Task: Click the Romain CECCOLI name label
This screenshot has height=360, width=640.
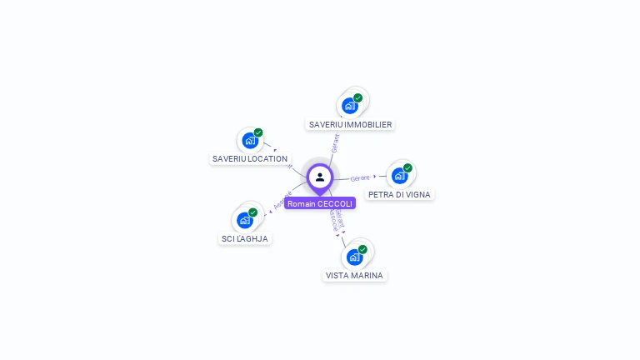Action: click(x=320, y=203)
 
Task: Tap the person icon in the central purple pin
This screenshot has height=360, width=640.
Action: click(x=320, y=177)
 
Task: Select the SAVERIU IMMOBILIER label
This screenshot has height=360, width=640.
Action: click(x=350, y=124)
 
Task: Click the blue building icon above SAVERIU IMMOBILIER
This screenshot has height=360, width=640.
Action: click(x=349, y=106)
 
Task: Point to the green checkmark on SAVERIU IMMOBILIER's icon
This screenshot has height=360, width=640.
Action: click(x=358, y=97)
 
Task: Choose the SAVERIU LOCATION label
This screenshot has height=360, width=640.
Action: click(x=250, y=158)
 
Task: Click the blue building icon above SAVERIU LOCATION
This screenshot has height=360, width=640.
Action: click(x=249, y=141)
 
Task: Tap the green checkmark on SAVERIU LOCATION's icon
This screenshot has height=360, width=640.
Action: click(x=258, y=132)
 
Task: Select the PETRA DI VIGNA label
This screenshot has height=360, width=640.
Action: click(x=399, y=194)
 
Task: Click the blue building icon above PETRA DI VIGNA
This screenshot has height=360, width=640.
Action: click(x=399, y=176)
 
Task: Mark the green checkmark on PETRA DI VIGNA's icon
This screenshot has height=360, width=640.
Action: click(x=407, y=167)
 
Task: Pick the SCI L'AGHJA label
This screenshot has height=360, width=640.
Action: click(x=244, y=238)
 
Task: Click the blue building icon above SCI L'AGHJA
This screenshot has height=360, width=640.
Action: click(x=244, y=220)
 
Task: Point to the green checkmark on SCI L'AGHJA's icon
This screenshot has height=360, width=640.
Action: click(x=252, y=212)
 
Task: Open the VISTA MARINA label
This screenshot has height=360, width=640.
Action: click(x=354, y=275)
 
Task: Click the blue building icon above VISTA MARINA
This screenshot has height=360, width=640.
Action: click(x=354, y=257)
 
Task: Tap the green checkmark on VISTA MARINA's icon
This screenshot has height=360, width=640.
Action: click(x=362, y=248)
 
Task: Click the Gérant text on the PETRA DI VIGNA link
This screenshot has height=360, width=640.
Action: click(x=360, y=177)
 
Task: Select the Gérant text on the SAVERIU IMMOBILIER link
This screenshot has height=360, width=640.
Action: click(x=335, y=142)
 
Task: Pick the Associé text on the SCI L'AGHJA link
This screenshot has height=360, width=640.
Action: click(x=282, y=200)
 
